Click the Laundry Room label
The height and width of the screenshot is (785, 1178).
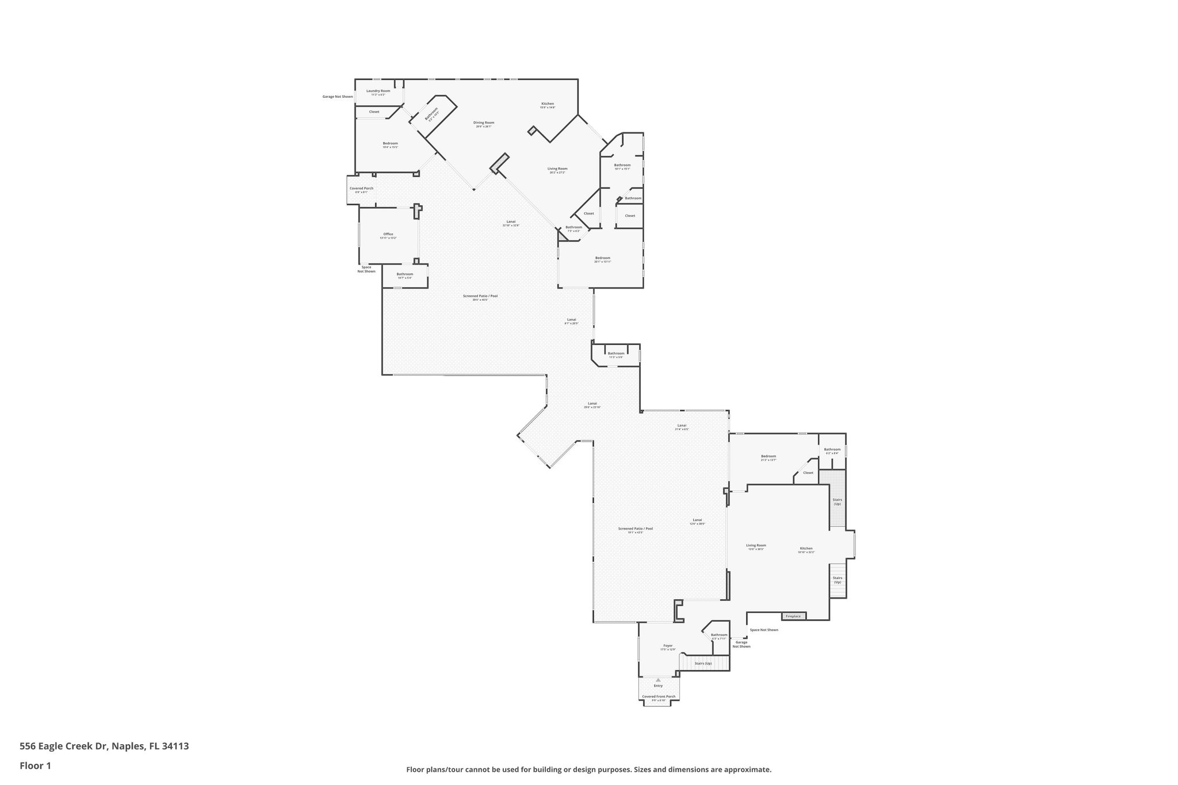point(378,91)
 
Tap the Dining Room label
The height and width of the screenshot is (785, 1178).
point(483,122)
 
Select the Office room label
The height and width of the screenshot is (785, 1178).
point(388,234)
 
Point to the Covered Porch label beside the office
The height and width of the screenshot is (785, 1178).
point(361,189)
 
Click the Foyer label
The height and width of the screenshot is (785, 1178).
point(668,645)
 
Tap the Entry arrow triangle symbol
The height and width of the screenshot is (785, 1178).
point(658,680)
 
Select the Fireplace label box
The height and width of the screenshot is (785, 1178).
point(793,616)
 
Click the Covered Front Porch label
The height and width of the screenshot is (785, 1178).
point(659,696)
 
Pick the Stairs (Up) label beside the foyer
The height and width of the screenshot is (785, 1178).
point(703,664)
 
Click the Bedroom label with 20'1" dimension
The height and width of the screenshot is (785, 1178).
point(602,258)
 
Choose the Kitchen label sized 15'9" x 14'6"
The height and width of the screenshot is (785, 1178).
point(547,104)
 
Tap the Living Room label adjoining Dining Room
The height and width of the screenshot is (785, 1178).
point(557,169)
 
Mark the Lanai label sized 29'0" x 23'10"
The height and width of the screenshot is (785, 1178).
point(592,403)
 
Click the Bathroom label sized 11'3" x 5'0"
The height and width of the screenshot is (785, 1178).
point(616,353)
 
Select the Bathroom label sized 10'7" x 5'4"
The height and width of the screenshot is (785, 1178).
point(404,274)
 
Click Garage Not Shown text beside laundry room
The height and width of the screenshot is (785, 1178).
point(337,97)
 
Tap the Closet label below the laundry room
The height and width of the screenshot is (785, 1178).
point(374,112)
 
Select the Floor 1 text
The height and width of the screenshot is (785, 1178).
point(35,765)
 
